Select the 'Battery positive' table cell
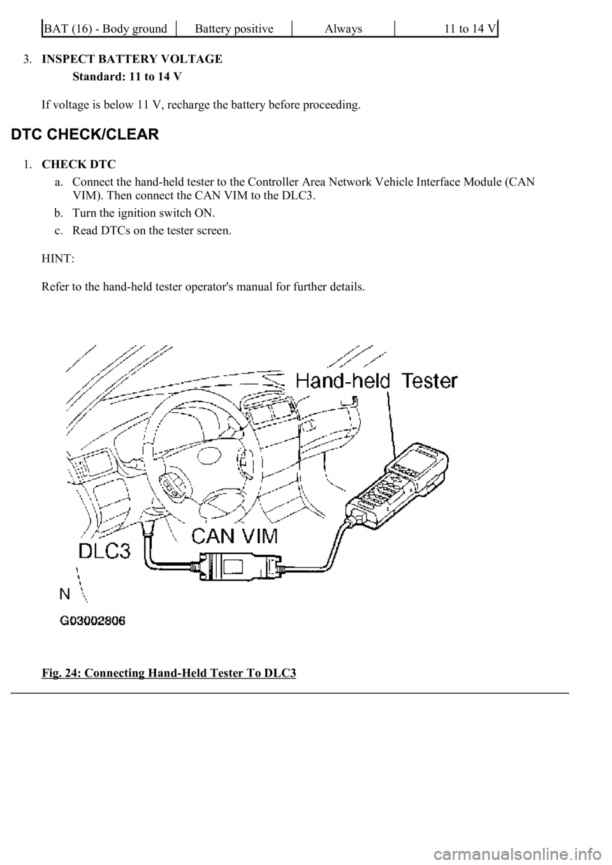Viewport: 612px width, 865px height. tap(234, 29)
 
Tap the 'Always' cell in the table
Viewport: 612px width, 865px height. tap(343, 29)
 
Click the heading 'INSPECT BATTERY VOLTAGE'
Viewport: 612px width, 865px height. tap(132, 59)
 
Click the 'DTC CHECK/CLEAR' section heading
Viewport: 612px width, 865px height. tap(82, 135)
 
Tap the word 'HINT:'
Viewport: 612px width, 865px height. tap(57, 259)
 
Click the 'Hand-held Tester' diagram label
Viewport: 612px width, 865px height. tap(377, 381)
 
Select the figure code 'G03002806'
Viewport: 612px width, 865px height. tap(93, 625)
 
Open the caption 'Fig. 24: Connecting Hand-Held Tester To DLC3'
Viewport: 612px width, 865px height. tap(169, 673)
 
